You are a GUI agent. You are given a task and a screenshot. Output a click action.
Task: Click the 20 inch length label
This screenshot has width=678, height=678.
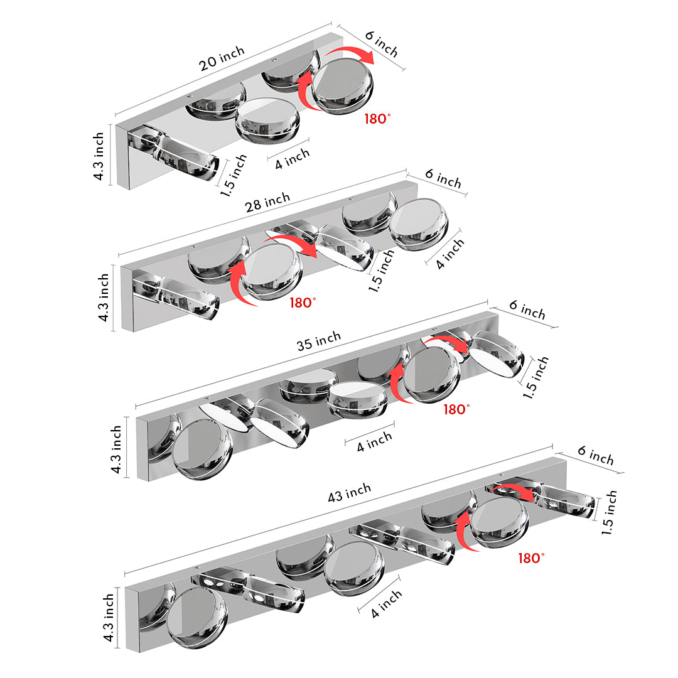(x=222, y=60)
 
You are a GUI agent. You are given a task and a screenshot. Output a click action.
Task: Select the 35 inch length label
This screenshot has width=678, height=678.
(x=319, y=341)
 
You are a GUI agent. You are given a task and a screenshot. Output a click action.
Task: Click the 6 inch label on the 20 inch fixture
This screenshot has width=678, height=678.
(x=382, y=44)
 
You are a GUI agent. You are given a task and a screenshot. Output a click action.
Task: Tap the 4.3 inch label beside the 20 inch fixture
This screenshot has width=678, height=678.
(x=99, y=156)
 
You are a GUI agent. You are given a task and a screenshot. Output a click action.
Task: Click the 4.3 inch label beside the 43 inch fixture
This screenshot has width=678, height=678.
(x=109, y=618)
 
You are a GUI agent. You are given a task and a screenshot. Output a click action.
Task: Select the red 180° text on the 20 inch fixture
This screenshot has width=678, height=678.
(x=377, y=118)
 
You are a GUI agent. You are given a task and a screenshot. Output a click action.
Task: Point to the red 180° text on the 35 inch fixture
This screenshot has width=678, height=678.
(x=456, y=409)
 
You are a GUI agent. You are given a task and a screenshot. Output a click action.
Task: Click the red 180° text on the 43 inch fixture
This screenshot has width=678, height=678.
(x=532, y=557)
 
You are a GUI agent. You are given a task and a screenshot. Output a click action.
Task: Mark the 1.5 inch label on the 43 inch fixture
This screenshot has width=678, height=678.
(x=609, y=512)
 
